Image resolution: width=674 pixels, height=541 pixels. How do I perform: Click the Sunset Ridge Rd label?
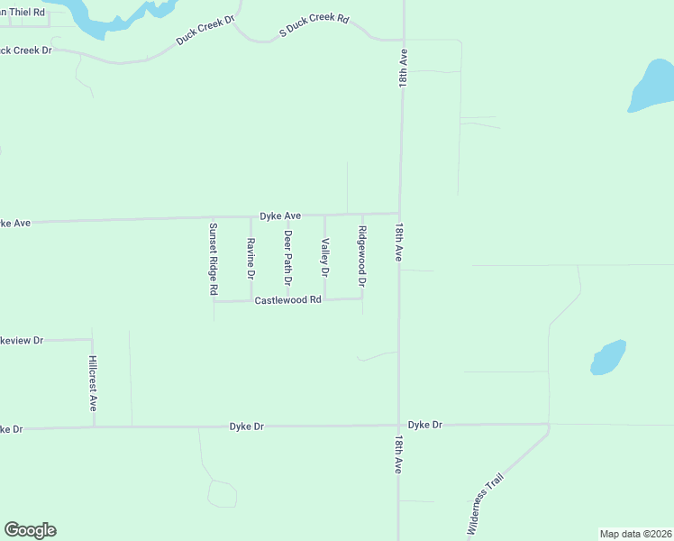pyautogui.click(x=214, y=260)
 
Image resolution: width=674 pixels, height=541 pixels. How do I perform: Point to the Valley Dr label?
pyautogui.click(x=325, y=257)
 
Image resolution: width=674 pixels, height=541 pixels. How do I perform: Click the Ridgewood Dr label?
pyautogui.click(x=362, y=257)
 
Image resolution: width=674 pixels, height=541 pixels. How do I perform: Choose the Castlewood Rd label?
pyautogui.click(x=287, y=299)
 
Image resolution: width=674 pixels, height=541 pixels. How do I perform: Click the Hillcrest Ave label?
pyautogui.click(x=93, y=383)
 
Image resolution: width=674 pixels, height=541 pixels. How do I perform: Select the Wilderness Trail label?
pyautogui.click(x=484, y=508)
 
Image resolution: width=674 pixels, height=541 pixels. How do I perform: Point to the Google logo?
pyautogui.click(x=30, y=530)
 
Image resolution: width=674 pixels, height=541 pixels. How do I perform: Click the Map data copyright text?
pyautogui.click(x=635, y=534)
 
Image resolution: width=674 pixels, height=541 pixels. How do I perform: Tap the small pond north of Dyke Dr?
pyautogui.click(x=608, y=357)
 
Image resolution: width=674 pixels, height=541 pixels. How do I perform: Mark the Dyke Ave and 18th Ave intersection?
pyautogui.click(x=400, y=214)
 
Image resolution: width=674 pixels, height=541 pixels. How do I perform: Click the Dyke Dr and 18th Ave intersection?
pyautogui.click(x=398, y=425)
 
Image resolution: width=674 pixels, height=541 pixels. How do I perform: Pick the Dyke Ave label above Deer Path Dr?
pyautogui.click(x=280, y=216)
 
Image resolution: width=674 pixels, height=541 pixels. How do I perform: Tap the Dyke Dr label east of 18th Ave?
pyautogui.click(x=425, y=425)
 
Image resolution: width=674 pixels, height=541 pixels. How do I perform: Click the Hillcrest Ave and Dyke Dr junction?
pyautogui.click(x=94, y=426)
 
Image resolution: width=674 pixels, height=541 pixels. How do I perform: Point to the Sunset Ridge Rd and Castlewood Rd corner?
pyautogui.click(x=214, y=301)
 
